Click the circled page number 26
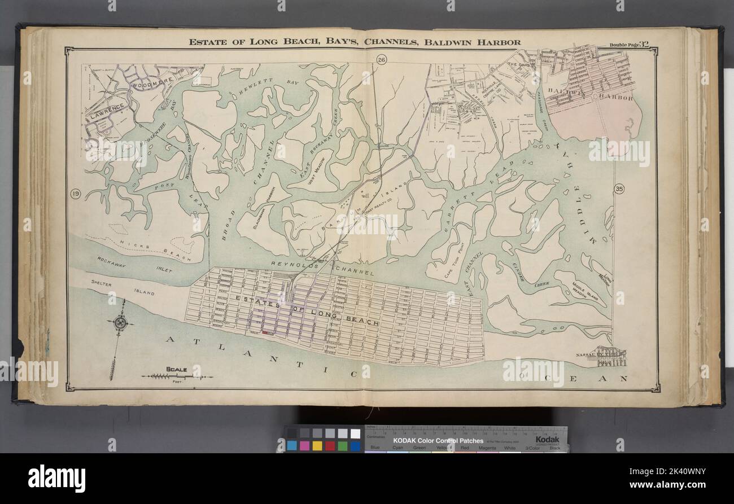(381, 62)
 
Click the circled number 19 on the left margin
(75, 195)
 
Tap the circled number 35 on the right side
(619, 189)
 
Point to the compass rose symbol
(120, 323)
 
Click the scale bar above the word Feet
(176, 376)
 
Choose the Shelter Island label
(108, 284)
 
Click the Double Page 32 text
(631, 45)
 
